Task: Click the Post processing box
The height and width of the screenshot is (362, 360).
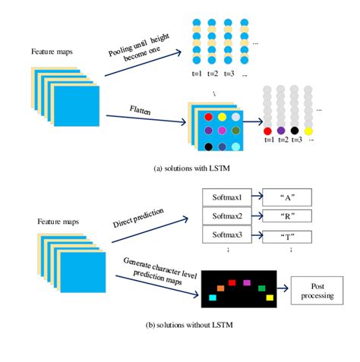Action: click(314, 289)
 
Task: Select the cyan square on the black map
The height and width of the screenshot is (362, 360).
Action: click(213, 298)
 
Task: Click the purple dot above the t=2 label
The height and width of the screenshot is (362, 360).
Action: click(283, 131)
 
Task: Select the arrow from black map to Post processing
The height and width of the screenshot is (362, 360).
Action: click(284, 288)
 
